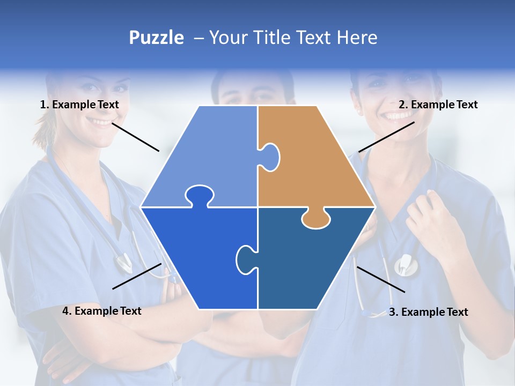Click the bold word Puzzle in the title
(x=156, y=38)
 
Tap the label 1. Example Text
(x=79, y=105)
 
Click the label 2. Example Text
(x=438, y=105)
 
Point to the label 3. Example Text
(x=428, y=312)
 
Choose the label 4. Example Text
(x=102, y=311)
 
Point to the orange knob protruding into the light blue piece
(x=271, y=157)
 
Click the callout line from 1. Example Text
(x=135, y=137)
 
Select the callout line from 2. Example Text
(x=386, y=137)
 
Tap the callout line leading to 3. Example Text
(x=380, y=279)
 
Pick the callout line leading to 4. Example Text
(x=137, y=276)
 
